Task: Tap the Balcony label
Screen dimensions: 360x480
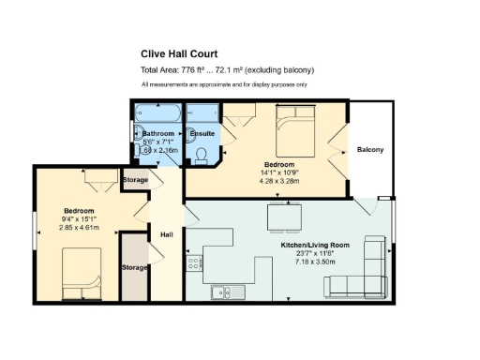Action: [x=369, y=150]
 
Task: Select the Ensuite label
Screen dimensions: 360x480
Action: [x=202, y=134]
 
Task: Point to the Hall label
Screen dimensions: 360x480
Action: [x=167, y=234]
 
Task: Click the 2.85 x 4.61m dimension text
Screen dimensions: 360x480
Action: [x=79, y=227]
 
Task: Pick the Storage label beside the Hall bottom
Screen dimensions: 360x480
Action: [x=135, y=267]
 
